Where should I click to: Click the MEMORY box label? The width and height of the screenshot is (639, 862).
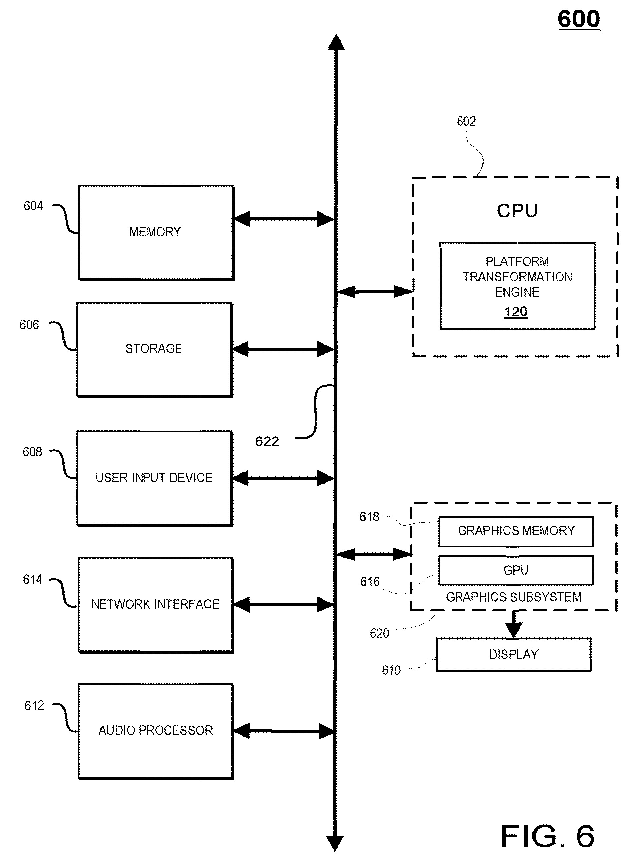click(155, 232)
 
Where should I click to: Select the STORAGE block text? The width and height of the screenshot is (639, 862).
click(154, 349)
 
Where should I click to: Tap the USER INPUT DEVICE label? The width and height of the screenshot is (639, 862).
click(154, 477)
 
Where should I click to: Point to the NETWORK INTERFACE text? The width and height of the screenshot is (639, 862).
click(155, 604)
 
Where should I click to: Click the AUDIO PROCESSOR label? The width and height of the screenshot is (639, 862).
click(156, 730)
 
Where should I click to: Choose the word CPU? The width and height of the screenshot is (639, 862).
click(517, 211)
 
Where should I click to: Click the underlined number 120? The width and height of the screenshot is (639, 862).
click(516, 312)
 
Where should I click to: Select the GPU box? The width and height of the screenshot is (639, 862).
click(516, 570)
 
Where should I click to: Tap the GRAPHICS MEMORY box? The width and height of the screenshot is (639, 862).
click(516, 531)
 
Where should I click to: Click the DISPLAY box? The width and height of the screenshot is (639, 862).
click(514, 655)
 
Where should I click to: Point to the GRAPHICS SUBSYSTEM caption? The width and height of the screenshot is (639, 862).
click(513, 597)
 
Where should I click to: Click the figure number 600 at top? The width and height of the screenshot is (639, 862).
click(579, 19)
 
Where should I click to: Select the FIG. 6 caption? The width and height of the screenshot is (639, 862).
click(547, 836)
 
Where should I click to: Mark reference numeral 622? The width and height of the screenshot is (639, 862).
click(267, 441)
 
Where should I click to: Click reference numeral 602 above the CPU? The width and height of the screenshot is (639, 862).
click(466, 121)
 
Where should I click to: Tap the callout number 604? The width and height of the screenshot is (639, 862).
click(33, 206)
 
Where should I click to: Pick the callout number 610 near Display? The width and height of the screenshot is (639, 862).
click(391, 670)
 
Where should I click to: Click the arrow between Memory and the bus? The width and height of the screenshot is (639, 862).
click(284, 219)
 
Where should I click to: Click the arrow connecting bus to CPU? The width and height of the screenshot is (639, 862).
click(375, 291)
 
